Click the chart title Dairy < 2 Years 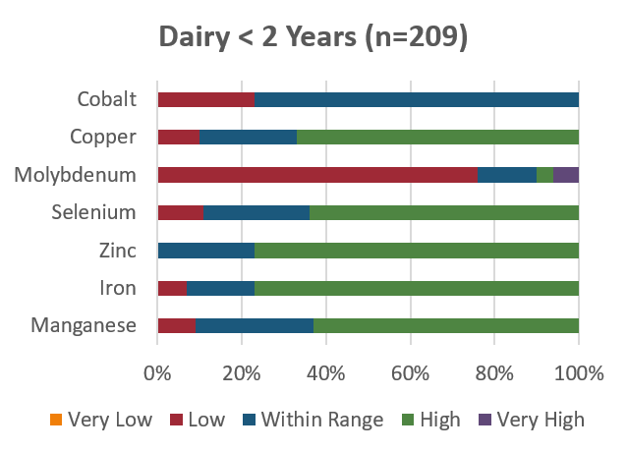[313, 38]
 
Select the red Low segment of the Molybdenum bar [316, 175]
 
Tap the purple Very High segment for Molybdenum [566, 175]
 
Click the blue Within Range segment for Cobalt [417, 99]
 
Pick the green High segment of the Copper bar [437, 137]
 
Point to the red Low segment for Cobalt [206, 99]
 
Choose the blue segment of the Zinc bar [206, 250]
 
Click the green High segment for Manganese [445, 325]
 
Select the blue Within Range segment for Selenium [256, 212]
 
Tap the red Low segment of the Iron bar [171, 288]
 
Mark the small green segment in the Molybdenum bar [544, 175]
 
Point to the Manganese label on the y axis [84, 325]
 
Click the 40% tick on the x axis [325, 373]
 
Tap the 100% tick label [578, 373]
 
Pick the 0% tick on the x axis [157, 373]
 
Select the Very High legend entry [540, 421]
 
